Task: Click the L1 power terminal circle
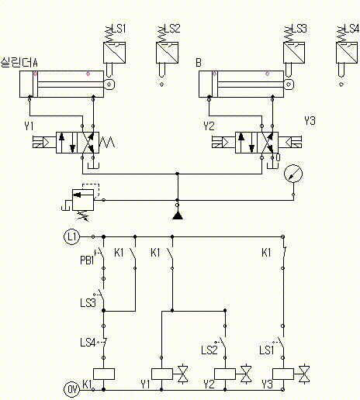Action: pyautogui.click(x=72, y=236)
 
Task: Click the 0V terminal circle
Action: pyautogui.click(x=72, y=389)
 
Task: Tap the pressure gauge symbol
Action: pyautogui.click(x=293, y=174)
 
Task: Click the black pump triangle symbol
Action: pyautogui.click(x=178, y=216)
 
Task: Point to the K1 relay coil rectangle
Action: pyautogui.click(x=104, y=374)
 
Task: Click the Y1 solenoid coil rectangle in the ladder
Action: pyautogui.click(x=162, y=374)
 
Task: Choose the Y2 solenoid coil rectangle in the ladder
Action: pyautogui.click(x=225, y=374)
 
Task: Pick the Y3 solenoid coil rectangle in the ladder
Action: pyautogui.click(x=283, y=374)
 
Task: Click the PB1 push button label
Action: pyautogui.click(x=87, y=260)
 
